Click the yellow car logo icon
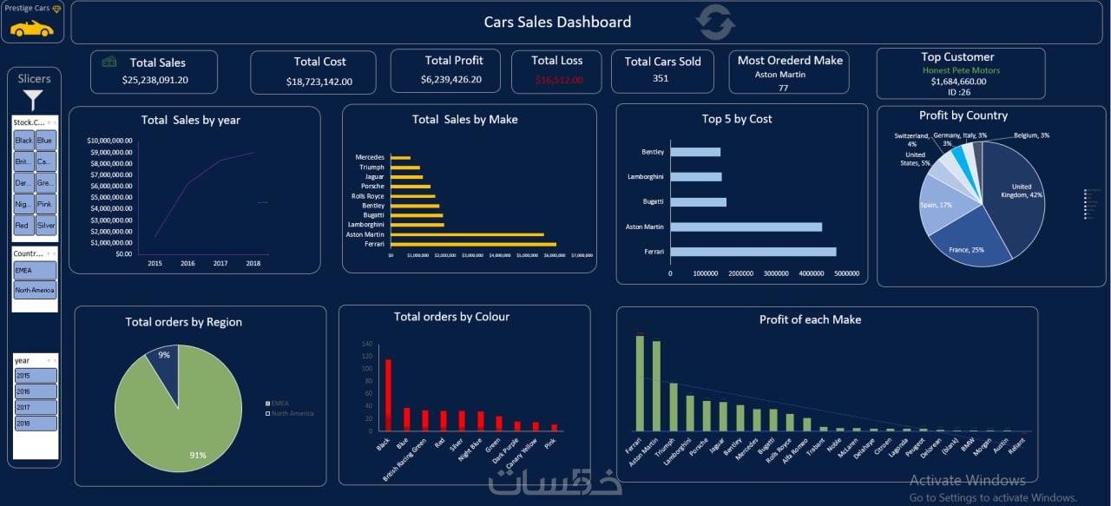tap(31, 28)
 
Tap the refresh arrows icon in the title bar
tap(715, 23)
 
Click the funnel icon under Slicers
tap(33, 100)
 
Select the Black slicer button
tap(23, 141)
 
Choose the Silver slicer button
tap(46, 226)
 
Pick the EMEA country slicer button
tap(35, 271)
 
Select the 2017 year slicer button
tap(36, 407)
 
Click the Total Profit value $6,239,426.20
tap(450, 79)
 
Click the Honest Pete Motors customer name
tap(961, 70)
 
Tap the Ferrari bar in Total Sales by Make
tap(473, 245)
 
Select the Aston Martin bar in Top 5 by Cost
tap(746, 227)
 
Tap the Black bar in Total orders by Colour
tap(388, 395)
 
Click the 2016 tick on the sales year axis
tap(187, 263)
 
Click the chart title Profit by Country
tap(963, 115)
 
